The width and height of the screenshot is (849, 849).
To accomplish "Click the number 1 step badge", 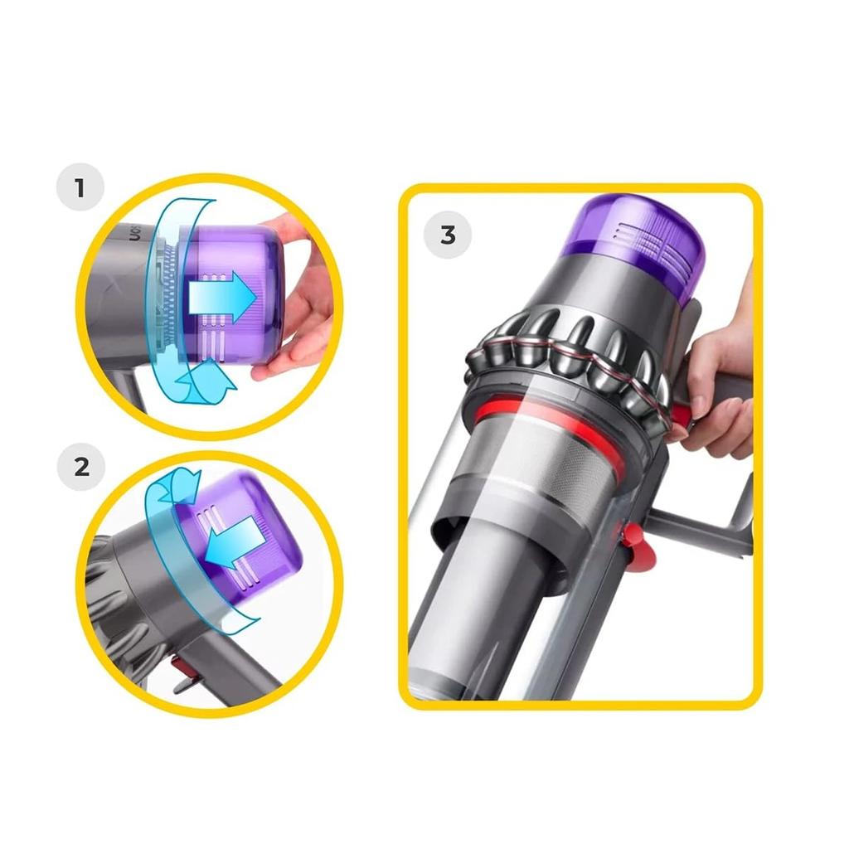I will (80, 188).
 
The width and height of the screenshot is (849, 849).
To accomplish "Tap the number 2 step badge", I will (80, 466).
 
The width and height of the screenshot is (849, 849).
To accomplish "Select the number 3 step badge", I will (448, 235).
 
